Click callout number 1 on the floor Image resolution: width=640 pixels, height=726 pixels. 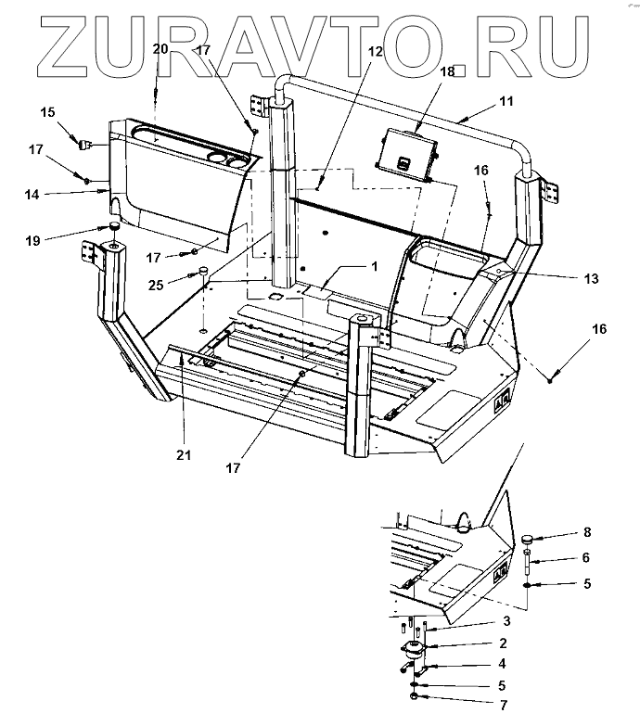pos(374,265)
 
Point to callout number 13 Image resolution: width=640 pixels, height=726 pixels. pos(590,278)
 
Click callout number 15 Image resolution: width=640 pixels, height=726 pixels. pos(46,112)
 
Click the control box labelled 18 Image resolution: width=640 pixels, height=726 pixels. pos(408,152)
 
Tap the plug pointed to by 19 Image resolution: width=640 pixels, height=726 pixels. pos(113,227)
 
